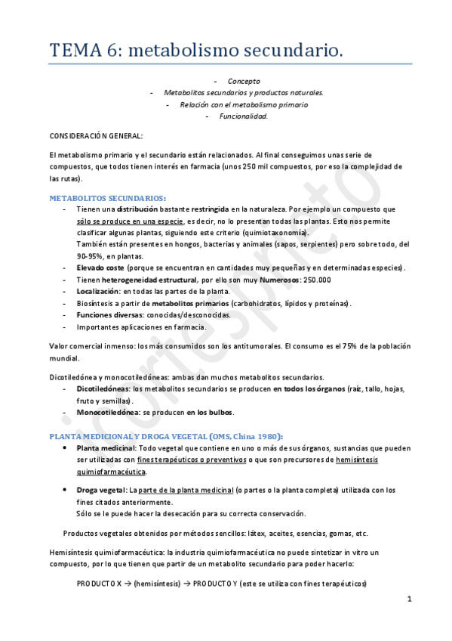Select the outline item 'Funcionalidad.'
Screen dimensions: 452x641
[x=243, y=116]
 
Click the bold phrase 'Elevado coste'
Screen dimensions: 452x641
[x=100, y=268]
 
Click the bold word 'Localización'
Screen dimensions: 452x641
[x=97, y=291]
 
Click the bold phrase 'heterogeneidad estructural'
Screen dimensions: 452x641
[x=155, y=279]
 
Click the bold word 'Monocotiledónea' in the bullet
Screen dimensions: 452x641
[x=108, y=412]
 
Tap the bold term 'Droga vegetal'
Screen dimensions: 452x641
[x=102, y=490]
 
